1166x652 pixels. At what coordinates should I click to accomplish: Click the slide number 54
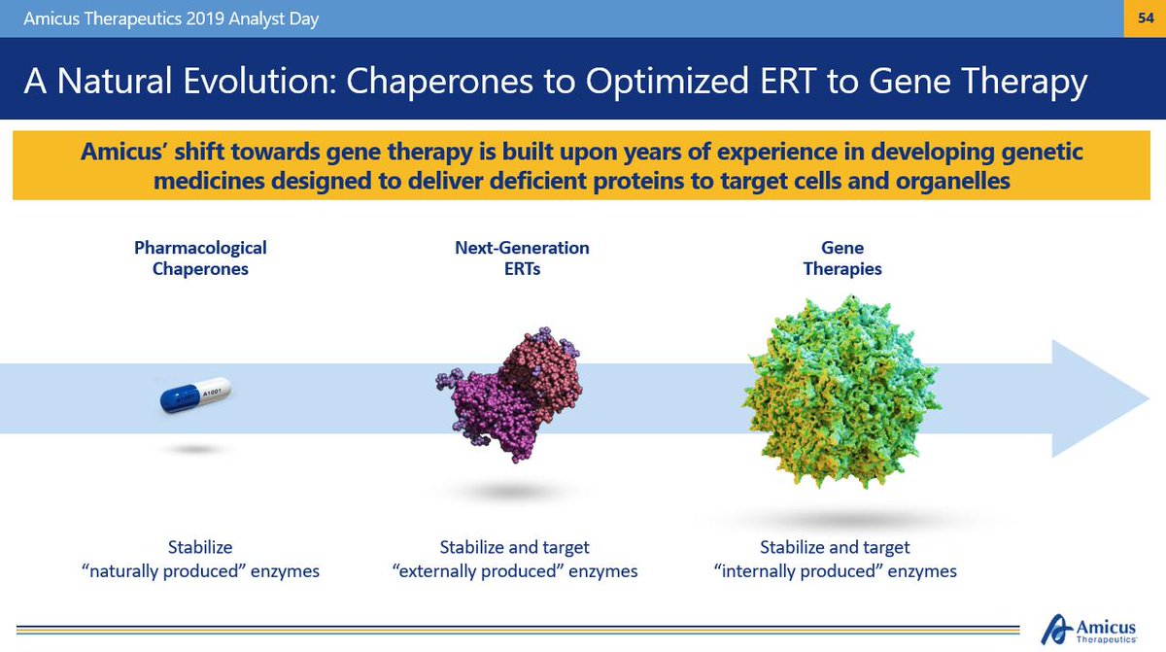point(1146,18)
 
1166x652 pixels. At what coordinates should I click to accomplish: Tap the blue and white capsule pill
point(195,395)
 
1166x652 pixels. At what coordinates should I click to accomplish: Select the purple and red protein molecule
point(509,395)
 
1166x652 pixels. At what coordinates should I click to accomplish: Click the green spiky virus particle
point(841,393)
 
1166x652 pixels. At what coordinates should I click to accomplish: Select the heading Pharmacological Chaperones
point(200,258)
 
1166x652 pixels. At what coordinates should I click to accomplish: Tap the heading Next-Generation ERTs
point(522,258)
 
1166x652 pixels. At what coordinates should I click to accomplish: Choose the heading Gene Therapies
point(842,258)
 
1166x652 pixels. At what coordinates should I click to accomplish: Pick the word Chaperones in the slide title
point(440,82)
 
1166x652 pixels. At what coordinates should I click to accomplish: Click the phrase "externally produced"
point(478,570)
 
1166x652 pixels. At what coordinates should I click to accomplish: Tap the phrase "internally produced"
point(799,570)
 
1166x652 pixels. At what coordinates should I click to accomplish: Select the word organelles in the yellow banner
point(952,181)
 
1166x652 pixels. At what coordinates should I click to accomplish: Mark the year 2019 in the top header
point(205,18)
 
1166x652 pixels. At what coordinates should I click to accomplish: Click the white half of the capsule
point(214,391)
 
